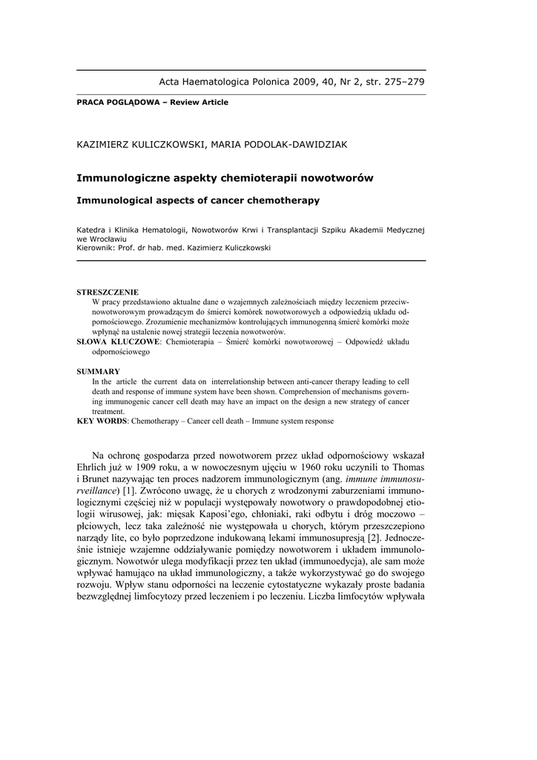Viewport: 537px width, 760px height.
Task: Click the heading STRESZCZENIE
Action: point(108,292)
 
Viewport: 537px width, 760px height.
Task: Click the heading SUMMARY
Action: point(99,371)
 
